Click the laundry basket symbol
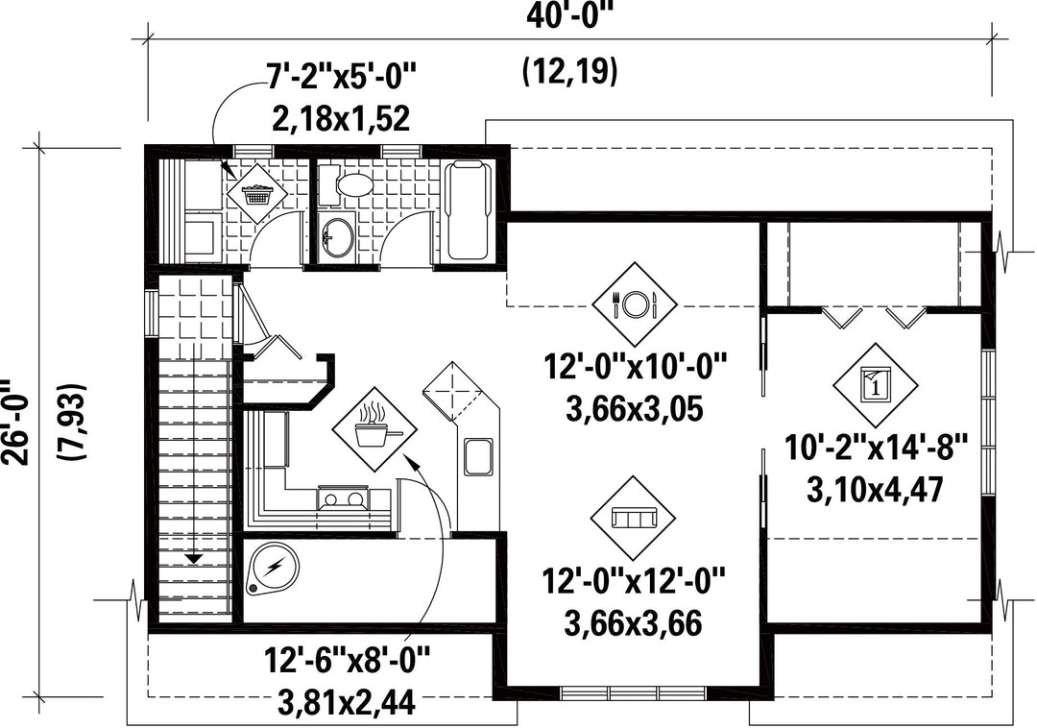tap(257, 194)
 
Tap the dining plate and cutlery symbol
tap(635, 303)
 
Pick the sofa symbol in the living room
tap(634, 518)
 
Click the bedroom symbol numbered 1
tap(876, 385)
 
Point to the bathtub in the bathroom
tap(468, 211)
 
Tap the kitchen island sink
tap(477, 456)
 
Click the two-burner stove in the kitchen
tap(343, 497)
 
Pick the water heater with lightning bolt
tap(273, 568)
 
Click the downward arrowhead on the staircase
tap(193, 559)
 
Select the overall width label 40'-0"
tap(567, 15)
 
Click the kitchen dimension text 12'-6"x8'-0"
tap(348, 659)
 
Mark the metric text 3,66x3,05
tap(635, 410)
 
